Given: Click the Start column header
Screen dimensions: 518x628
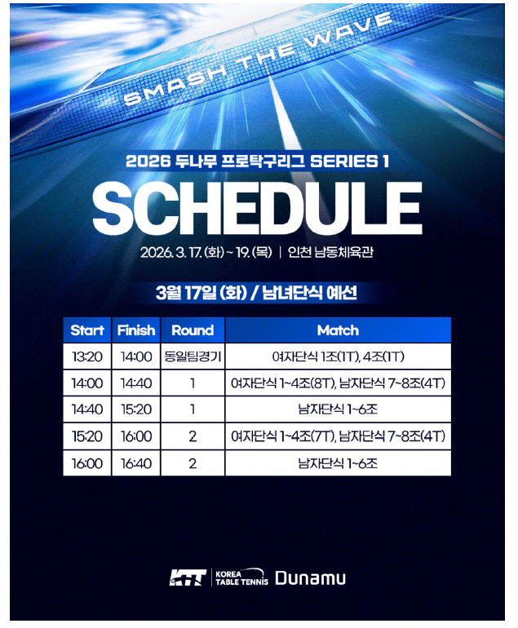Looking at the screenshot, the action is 87,330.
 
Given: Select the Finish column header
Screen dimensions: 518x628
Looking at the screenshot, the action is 136,330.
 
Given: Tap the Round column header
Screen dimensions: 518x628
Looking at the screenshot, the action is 193,330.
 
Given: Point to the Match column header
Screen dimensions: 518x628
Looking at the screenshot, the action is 338,330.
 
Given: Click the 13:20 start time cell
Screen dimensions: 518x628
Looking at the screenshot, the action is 87,356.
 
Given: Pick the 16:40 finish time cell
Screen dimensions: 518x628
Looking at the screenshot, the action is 136,463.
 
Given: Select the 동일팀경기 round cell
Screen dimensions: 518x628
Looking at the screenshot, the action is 193,356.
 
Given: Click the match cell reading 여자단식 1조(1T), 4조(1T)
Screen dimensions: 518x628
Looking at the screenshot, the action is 338,356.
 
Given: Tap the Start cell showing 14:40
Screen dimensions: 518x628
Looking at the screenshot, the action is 87,409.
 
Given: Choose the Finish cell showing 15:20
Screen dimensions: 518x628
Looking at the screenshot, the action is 136,409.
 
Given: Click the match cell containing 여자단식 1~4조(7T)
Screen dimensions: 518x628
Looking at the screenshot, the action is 338,436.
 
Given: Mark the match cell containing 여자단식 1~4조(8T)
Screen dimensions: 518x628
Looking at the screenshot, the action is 338,383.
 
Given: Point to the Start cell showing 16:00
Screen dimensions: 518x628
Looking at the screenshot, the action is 87,463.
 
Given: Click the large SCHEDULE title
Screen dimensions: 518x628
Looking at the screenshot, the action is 257,208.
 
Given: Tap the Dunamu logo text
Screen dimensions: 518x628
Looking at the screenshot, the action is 310,578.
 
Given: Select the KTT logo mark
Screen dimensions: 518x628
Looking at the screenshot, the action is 188,577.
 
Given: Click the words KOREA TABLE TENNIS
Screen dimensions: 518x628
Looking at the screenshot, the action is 241,577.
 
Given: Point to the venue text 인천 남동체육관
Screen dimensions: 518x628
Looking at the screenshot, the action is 330,252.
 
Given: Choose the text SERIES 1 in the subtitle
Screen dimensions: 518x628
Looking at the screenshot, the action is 349,161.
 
